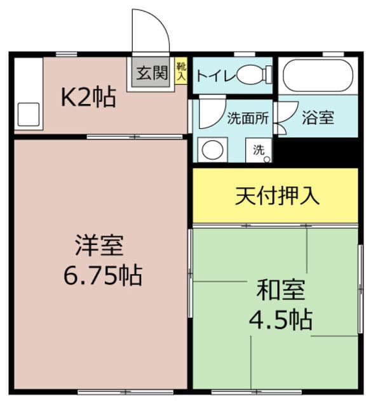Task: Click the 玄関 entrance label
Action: click(153, 73)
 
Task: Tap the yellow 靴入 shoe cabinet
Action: click(181, 70)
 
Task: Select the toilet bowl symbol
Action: click(254, 74)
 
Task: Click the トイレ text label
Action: click(216, 75)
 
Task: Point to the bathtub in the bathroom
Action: click(318, 75)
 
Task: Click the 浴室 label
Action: click(318, 118)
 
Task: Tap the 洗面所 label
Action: click(248, 119)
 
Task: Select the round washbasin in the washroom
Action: click(212, 150)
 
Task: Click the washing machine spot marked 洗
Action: click(259, 150)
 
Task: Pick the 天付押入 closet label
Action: click(277, 196)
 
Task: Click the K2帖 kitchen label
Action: click(88, 97)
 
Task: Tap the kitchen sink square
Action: click(29, 114)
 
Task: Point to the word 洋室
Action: click(99, 245)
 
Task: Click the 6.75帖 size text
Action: click(103, 275)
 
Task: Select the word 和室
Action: click(281, 290)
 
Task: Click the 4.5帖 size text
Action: click(281, 319)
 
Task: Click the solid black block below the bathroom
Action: click(318, 153)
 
